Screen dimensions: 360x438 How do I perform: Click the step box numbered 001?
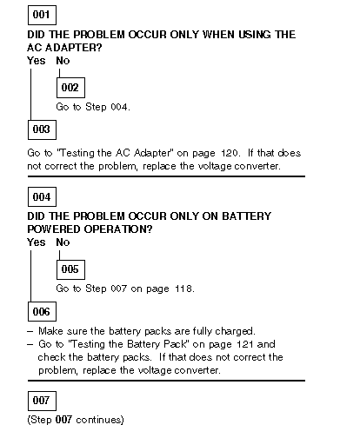coord(42,15)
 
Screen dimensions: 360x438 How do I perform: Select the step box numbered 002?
coord(70,88)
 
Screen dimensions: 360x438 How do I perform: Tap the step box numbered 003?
coord(42,129)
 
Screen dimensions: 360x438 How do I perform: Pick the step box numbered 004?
coord(42,197)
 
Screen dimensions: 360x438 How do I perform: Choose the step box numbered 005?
coord(70,269)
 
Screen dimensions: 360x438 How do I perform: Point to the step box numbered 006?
coord(42,312)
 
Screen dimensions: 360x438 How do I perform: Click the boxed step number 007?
coord(42,401)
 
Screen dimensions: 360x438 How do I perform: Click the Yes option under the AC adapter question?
coord(37,61)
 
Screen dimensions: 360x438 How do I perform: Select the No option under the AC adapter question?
coord(63,61)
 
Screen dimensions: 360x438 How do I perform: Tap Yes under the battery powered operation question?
coord(37,242)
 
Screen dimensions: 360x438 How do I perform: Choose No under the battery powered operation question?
coord(63,242)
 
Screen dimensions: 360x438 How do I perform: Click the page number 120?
coord(230,153)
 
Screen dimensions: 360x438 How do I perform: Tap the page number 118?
coord(184,289)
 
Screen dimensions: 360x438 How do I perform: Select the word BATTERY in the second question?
coord(247,216)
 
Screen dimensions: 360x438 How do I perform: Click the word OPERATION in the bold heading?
coord(118,229)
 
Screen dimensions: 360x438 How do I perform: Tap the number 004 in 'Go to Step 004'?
coord(120,107)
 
